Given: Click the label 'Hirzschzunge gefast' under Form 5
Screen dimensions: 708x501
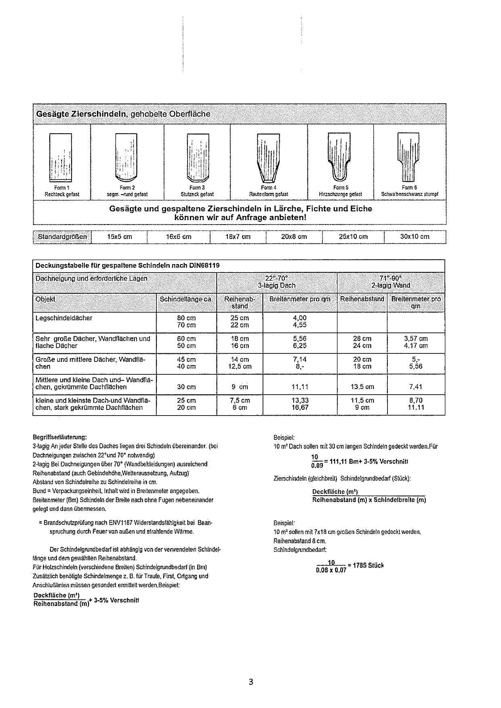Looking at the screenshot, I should click(340, 194).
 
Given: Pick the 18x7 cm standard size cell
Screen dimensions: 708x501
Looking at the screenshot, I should click(238, 237).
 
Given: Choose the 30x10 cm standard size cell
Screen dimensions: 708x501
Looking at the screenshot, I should click(415, 237).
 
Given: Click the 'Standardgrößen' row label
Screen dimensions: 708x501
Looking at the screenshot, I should click(62, 237).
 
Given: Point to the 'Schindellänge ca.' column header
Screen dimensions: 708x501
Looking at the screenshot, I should click(186, 299).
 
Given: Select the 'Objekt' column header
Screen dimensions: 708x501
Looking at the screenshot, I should click(46, 299).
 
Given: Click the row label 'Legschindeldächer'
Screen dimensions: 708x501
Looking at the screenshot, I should click(64, 318).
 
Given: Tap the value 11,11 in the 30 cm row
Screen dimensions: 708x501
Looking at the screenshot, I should click(300, 387).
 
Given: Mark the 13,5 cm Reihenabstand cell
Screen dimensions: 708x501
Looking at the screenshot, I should click(362, 387).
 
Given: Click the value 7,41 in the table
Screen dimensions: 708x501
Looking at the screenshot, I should click(416, 387).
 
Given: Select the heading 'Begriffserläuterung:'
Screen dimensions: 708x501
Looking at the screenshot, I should click(59, 437).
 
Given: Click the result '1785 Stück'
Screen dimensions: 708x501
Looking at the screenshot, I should click(368, 565).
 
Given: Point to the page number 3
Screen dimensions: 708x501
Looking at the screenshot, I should click(250, 683).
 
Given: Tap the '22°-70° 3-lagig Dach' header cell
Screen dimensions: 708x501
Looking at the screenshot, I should click(277, 282).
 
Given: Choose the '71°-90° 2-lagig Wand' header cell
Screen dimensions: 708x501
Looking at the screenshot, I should click(391, 282).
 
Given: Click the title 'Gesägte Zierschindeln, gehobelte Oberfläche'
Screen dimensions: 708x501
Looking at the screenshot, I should click(123, 114).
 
